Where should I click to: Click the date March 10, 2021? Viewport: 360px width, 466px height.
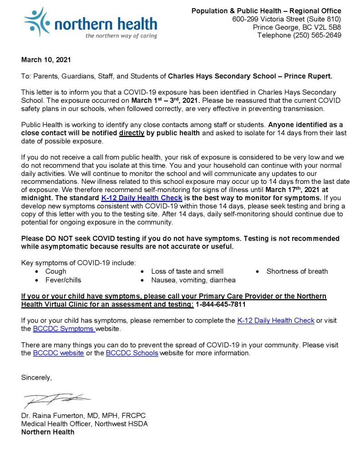(x=46, y=60)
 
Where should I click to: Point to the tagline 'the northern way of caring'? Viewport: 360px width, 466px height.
(x=121, y=36)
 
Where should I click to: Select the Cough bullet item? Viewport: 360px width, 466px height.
(x=56, y=271)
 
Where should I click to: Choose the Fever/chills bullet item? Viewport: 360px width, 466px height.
(x=63, y=280)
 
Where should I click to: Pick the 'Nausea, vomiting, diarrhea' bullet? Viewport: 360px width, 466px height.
(x=193, y=280)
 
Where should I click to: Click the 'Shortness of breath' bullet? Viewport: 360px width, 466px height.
(x=297, y=271)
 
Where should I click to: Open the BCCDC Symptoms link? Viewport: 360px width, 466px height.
(x=64, y=329)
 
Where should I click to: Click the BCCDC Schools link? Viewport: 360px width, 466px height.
(x=132, y=353)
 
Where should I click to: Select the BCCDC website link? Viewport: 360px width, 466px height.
(x=58, y=353)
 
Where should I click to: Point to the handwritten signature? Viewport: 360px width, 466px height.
(x=55, y=400)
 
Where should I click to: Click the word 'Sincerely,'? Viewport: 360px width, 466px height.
(x=37, y=377)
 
